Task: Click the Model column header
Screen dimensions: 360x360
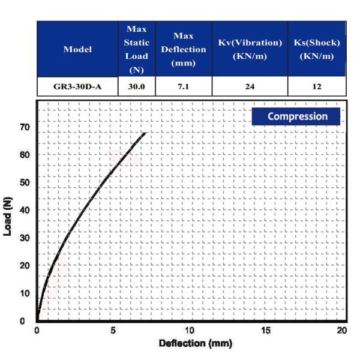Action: pyautogui.click(x=77, y=49)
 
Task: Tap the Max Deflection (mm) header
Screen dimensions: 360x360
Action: pyautogui.click(x=183, y=49)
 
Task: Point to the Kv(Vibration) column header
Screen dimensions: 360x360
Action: pyautogui.click(x=250, y=49)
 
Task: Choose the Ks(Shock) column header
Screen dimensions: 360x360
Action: pyautogui.click(x=317, y=49)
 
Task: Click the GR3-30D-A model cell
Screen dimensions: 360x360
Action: pyautogui.click(x=77, y=86)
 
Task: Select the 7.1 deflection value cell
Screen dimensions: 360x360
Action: pyautogui.click(x=183, y=86)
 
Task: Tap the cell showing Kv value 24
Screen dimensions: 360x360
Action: pyautogui.click(x=250, y=86)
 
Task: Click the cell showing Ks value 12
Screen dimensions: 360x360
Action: pyautogui.click(x=317, y=86)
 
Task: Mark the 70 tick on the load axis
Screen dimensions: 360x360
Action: pyautogui.click(x=25, y=127)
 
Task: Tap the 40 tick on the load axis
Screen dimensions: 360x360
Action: pyautogui.click(x=25, y=210)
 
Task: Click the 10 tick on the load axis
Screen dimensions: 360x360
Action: pyautogui.click(x=25, y=293)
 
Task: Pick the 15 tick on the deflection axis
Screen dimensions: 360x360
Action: pyautogui.click(x=266, y=331)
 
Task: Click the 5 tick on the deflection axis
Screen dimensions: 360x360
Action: pyautogui.click(x=113, y=331)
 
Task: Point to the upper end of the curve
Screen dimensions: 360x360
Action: pyautogui.click(x=145, y=133)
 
